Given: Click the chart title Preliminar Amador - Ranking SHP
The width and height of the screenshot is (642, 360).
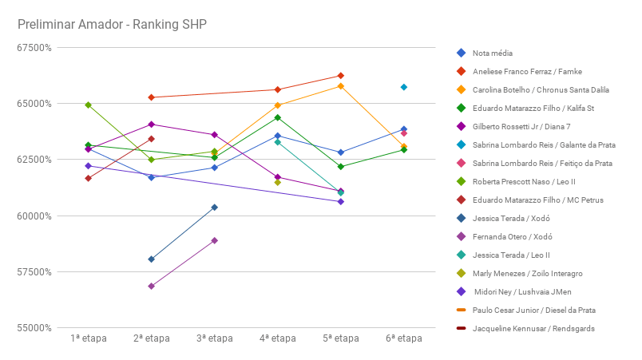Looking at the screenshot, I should [x=112, y=24].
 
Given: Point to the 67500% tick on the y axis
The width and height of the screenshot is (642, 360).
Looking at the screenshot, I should [x=35, y=47].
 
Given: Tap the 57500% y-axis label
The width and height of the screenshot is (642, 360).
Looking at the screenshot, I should [x=35, y=271].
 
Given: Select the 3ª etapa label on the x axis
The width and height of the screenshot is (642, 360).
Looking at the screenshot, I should [x=214, y=338].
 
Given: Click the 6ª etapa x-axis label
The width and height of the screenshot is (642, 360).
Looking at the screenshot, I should [x=404, y=338].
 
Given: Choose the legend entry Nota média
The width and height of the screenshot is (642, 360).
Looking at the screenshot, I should [x=492, y=53].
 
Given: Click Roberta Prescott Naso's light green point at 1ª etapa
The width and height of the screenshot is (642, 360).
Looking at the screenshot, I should [x=88, y=105].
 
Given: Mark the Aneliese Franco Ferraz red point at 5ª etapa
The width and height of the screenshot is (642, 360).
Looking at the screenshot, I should [x=341, y=76].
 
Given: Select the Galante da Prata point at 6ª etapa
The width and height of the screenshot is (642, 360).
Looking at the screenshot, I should [x=404, y=87].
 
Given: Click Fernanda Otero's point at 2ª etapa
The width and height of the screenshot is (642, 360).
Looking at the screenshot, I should [x=151, y=286].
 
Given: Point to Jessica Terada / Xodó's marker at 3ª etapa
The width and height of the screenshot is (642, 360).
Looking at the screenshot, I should [x=214, y=208].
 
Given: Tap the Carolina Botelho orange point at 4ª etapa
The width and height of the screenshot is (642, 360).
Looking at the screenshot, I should [x=278, y=105].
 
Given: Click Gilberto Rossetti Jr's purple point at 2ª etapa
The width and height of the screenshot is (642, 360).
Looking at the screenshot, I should [x=151, y=125].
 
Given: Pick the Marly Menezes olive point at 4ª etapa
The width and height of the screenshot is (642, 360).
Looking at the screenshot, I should [x=278, y=182].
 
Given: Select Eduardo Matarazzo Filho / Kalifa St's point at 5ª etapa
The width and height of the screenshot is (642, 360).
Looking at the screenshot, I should [x=341, y=167].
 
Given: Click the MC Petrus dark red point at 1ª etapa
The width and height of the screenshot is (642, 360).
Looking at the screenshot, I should [x=88, y=178].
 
